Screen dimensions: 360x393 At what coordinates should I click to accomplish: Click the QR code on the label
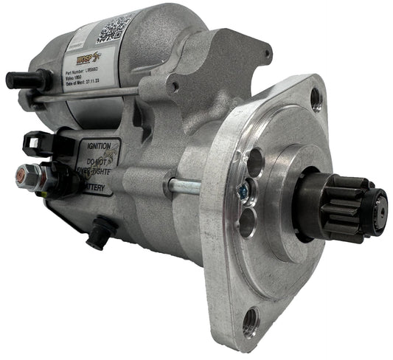pyautogui.click(x=116, y=28)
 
